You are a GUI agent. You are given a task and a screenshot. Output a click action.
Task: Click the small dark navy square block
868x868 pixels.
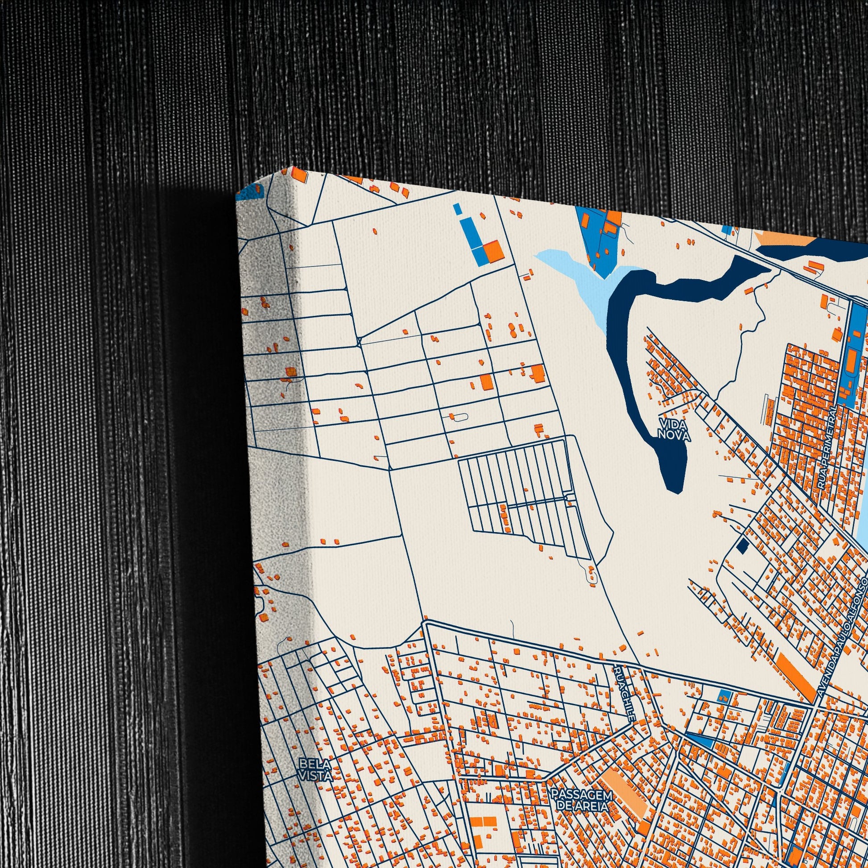click(x=742, y=546)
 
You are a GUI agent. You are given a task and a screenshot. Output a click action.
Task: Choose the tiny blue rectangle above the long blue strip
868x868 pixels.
click(x=457, y=209)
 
